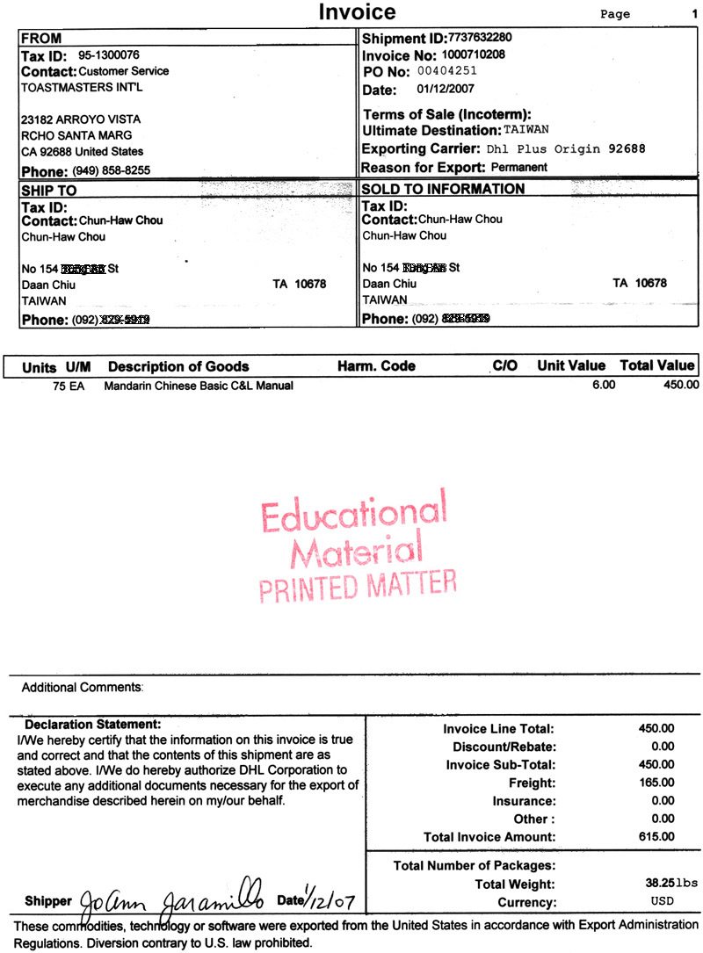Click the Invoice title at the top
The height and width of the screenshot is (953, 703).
click(x=357, y=12)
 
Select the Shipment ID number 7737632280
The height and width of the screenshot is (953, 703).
click(x=480, y=39)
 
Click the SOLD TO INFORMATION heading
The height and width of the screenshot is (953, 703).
click(x=444, y=190)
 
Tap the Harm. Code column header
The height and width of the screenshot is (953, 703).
click(x=376, y=366)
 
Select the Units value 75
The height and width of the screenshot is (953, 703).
click(x=59, y=385)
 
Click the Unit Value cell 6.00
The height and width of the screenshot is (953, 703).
click(x=605, y=385)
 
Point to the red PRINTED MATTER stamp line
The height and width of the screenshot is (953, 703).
click(x=358, y=586)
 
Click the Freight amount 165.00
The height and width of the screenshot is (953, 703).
click(x=656, y=783)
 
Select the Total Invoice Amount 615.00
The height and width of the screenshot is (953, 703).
click(x=656, y=836)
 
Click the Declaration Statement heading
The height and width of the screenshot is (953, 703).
click(x=93, y=726)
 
